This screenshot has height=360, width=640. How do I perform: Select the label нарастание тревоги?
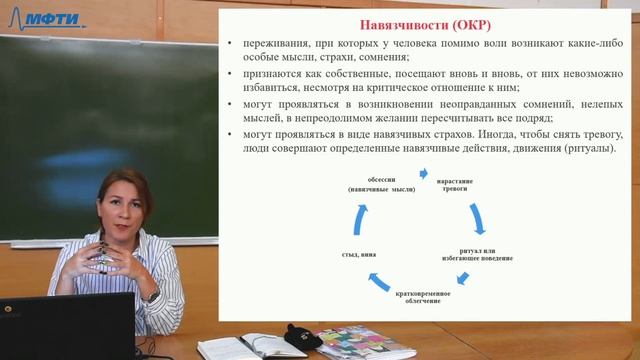pyautogui.click(x=454, y=185)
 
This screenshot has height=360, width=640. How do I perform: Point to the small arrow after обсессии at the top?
pyautogui.click(x=423, y=173)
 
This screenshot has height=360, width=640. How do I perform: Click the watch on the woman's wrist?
pyautogui.click(x=153, y=296)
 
